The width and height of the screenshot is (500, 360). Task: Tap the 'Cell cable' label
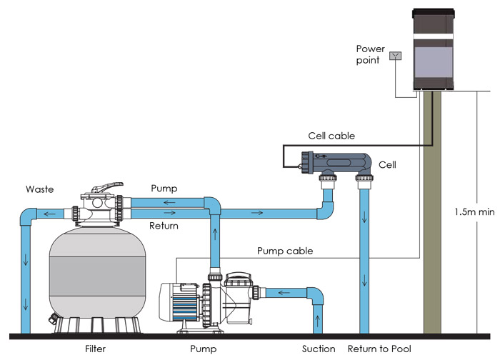point(331,135)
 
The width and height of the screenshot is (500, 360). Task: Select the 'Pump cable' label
point(285,251)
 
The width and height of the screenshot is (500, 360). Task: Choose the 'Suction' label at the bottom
point(319,349)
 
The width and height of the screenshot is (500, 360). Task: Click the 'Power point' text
point(370,54)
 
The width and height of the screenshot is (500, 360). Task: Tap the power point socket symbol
point(395,55)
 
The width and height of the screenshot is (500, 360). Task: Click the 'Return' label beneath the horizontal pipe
point(163,226)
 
